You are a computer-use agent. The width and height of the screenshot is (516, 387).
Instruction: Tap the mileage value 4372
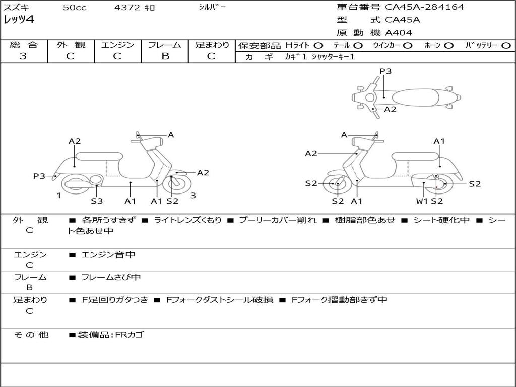[126, 8]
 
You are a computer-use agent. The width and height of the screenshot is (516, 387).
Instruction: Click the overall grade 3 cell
[23, 56]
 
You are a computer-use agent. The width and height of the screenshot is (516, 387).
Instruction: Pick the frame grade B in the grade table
[165, 56]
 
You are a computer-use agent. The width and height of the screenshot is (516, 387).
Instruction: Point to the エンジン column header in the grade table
[117, 45]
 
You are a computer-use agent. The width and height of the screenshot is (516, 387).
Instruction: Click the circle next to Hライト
[318, 46]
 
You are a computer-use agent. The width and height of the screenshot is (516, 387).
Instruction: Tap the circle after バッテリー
[505, 46]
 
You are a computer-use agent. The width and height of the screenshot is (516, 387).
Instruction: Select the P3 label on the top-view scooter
[385, 71]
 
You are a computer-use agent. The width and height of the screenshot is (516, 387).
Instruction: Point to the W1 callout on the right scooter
[422, 201]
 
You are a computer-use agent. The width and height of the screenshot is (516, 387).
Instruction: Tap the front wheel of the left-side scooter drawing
[174, 184]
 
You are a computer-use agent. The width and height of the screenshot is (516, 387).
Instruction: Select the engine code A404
[399, 33]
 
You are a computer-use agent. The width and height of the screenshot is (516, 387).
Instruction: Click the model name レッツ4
[19, 20]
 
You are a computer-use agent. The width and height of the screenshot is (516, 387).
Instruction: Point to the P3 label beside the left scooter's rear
[39, 176]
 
